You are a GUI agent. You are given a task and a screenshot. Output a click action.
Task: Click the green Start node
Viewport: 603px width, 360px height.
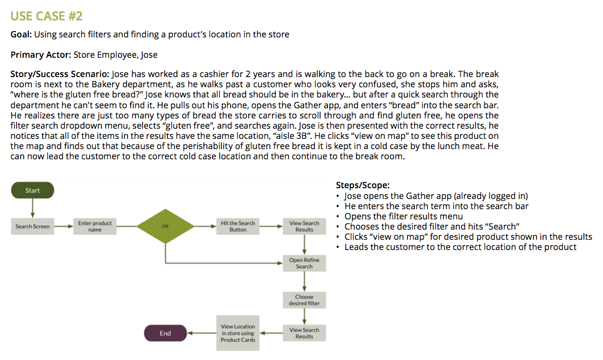pyautogui.click(x=32, y=190)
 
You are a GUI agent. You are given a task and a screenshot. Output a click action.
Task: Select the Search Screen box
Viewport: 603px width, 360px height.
pyautogui.click(x=32, y=226)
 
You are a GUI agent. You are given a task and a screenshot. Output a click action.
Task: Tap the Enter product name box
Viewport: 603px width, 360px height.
pyautogui.click(x=95, y=226)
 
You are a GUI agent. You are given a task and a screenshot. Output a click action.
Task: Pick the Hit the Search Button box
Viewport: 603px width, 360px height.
pyautogui.click(x=238, y=226)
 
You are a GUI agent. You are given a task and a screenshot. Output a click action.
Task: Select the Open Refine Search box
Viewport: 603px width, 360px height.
pyautogui.click(x=304, y=263)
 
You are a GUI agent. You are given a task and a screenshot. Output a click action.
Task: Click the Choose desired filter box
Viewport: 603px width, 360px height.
pyautogui.click(x=304, y=300)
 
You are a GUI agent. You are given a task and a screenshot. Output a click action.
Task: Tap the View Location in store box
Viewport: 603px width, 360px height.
pyautogui.click(x=238, y=333)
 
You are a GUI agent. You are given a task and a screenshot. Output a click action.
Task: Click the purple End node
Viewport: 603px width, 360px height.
pyautogui.click(x=165, y=333)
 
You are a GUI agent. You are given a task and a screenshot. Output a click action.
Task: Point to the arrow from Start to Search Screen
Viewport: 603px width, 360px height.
pyautogui.click(x=32, y=207)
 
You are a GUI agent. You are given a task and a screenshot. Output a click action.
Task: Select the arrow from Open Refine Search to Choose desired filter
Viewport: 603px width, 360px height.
pyautogui.click(x=304, y=281)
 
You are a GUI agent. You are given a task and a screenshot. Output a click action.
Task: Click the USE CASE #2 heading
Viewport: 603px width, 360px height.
pyautogui.click(x=47, y=16)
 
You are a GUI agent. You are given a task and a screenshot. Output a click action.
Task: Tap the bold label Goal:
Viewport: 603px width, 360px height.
pyautogui.click(x=22, y=35)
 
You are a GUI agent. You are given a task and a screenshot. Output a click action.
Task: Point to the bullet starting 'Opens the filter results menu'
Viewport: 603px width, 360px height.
pyautogui.click(x=403, y=216)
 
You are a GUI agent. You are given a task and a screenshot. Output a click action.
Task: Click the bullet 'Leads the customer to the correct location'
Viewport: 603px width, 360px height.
pyautogui.click(x=460, y=247)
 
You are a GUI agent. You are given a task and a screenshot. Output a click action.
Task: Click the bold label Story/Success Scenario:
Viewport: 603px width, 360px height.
pyautogui.click(x=60, y=74)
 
